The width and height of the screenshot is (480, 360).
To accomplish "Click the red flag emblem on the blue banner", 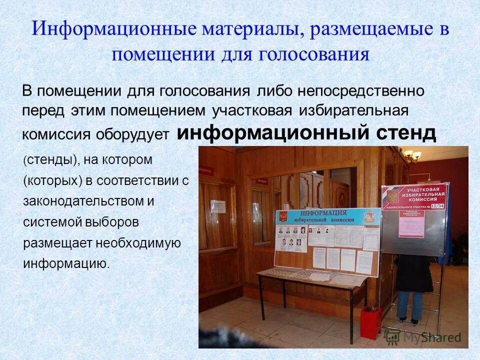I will pos(283,216).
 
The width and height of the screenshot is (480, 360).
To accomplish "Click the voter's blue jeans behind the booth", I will pos(410,305).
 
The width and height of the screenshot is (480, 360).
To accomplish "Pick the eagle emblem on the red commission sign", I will pos(392,195).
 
